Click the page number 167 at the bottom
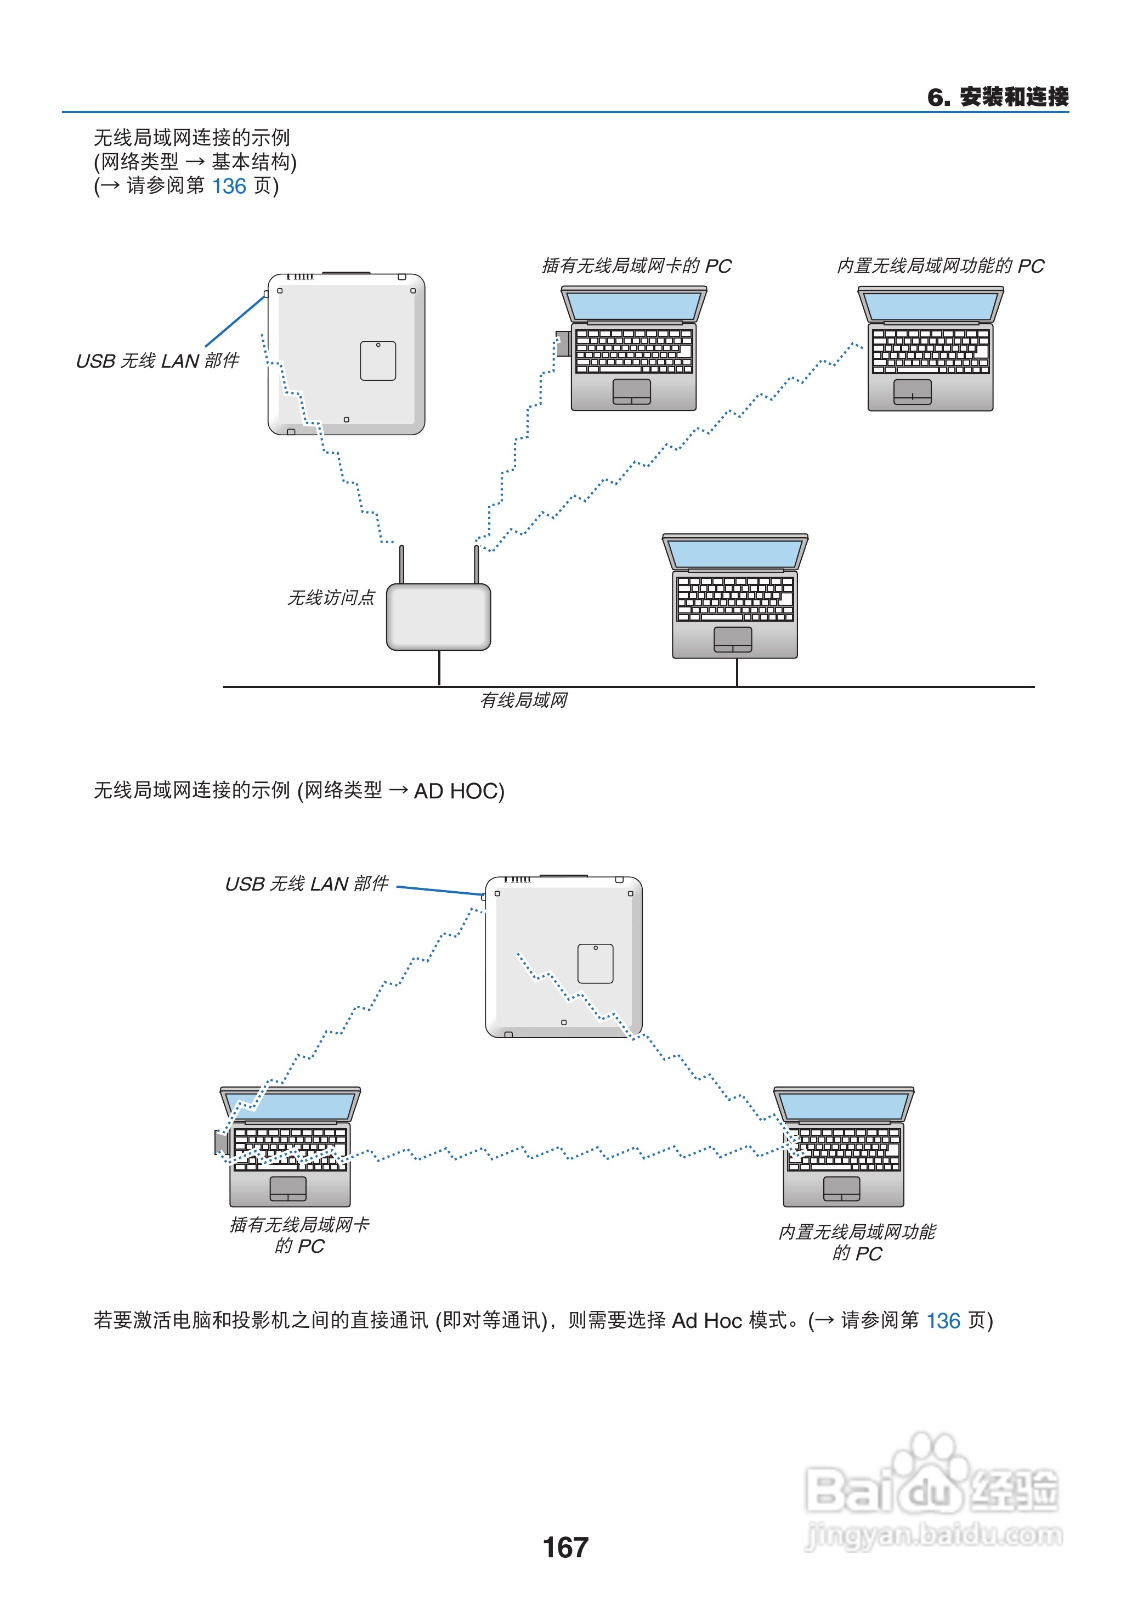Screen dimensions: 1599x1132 point(565,1547)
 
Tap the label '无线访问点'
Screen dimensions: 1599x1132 point(331,598)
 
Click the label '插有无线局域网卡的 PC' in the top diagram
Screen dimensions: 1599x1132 point(636,266)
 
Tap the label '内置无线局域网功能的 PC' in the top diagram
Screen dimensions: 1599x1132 point(939,266)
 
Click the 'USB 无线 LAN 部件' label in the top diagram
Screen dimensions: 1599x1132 point(157,361)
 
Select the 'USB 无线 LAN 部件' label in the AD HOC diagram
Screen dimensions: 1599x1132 point(306,883)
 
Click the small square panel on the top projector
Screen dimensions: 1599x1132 point(378,361)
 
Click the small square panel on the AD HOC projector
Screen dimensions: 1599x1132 point(595,964)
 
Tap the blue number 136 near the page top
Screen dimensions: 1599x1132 point(229,186)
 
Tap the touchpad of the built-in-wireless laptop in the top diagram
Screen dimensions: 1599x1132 point(912,392)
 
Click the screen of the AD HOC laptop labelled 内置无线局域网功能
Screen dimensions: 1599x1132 point(844,1105)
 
